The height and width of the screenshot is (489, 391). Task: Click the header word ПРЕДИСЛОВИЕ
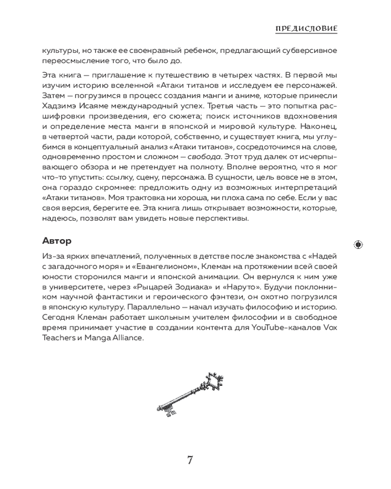click(x=306, y=29)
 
